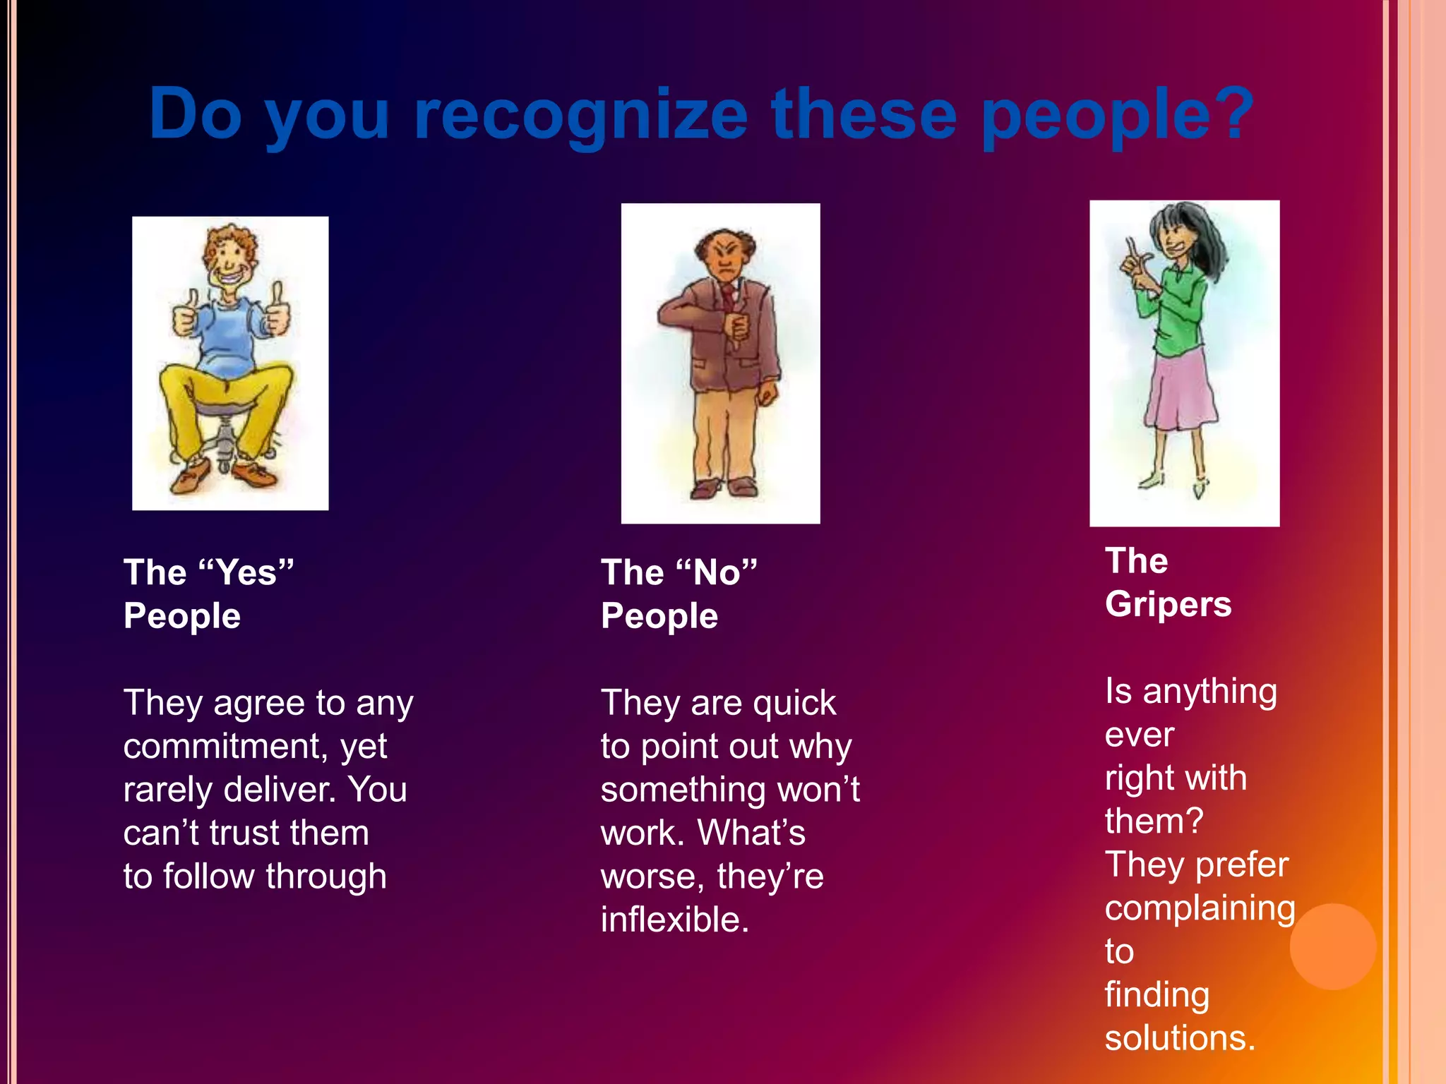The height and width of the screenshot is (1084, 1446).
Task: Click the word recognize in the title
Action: [580, 114]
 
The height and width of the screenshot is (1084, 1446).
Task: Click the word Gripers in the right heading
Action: [1168, 604]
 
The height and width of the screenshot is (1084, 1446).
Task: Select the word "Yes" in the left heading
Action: [246, 572]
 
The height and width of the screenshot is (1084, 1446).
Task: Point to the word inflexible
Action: [674, 920]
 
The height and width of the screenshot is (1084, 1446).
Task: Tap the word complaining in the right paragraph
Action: [1199, 908]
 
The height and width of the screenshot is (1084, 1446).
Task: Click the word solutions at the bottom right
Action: [1179, 1038]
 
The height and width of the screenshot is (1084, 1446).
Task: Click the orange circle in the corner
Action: [1332, 946]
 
